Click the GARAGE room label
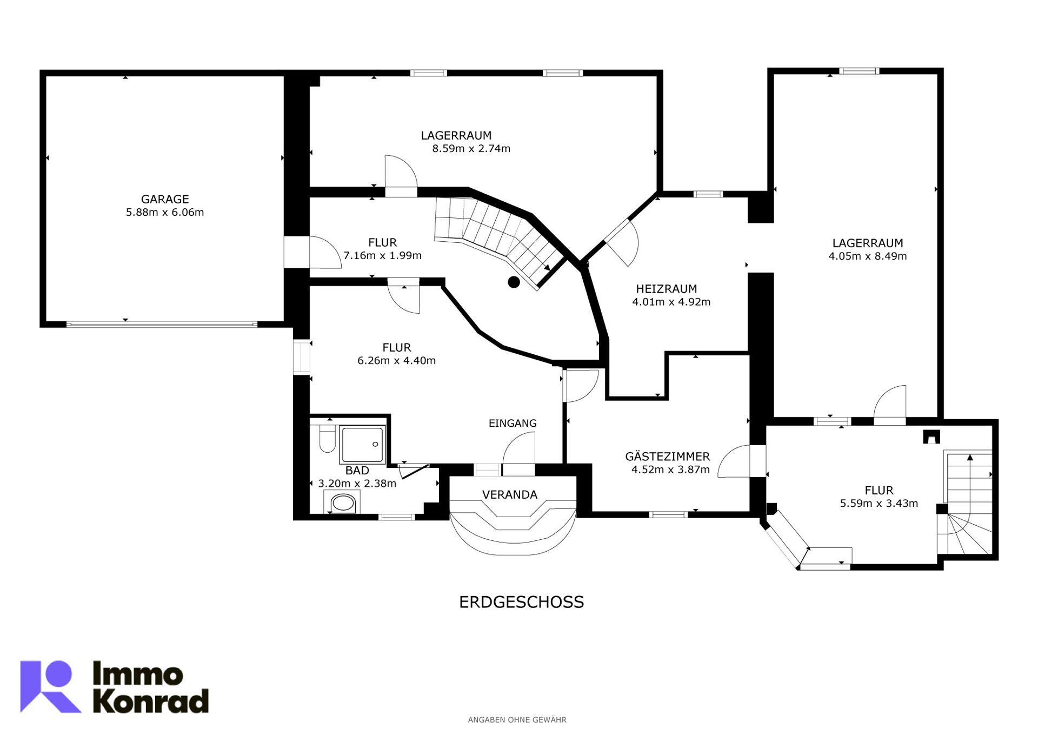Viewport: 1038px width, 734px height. pyautogui.click(x=165, y=199)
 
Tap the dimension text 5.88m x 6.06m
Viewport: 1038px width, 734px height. pyautogui.click(x=165, y=213)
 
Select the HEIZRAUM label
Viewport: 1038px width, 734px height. pyautogui.click(x=666, y=289)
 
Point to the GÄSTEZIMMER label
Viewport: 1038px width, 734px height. pyautogui.click(x=668, y=457)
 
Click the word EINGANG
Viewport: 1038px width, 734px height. pyautogui.click(x=513, y=424)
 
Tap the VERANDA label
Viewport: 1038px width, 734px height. pyautogui.click(x=509, y=495)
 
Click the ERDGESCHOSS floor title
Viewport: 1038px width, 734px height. pyautogui.click(x=521, y=603)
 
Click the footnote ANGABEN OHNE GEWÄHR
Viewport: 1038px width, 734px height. pyautogui.click(x=517, y=720)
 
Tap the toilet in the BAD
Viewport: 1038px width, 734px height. pyautogui.click(x=327, y=439)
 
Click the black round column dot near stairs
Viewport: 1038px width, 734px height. pyautogui.click(x=514, y=282)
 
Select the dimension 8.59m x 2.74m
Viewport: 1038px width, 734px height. pyautogui.click(x=471, y=149)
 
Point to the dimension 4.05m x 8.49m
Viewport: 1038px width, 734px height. pyautogui.click(x=867, y=256)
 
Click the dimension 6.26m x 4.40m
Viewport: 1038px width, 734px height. pyautogui.click(x=396, y=361)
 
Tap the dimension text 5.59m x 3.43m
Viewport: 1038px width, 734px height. pyautogui.click(x=879, y=504)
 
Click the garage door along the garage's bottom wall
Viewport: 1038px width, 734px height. pyautogui.click(x=162, y=325)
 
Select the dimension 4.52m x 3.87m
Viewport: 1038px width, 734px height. pyautogui.click(x=670, y=470)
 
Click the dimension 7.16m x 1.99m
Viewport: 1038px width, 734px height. pyautogui.click(x=382, y=256)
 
